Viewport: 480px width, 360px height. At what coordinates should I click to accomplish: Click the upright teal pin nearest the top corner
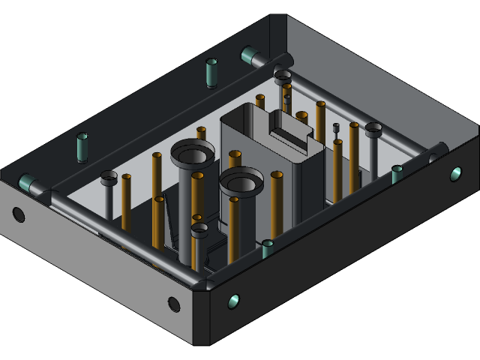(x=211, y=72)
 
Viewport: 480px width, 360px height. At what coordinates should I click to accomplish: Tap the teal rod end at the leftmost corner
(x=27, y=182)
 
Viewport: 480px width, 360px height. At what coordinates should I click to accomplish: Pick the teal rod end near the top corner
(x=249, y=55)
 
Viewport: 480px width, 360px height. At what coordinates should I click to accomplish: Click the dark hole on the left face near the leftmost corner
(x=19, y=215)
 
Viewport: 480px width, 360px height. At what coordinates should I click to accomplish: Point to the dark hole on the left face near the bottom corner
(x=173, y=304)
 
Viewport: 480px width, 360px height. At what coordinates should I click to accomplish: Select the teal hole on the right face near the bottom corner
(x=233, y=301)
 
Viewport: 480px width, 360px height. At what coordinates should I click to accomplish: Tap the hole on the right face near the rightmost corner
(x=455, y=174)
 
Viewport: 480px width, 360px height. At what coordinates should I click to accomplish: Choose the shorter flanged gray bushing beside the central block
(x=241, y=180)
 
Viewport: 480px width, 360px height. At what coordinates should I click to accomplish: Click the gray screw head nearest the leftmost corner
(x=109, y=177)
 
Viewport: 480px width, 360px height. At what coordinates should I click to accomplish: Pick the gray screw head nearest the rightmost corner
(x=373, y=129)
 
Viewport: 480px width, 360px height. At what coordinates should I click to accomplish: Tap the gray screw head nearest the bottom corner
(x=199, y=230)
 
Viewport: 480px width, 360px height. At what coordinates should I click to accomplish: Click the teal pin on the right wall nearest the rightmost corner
(x=397, y=173)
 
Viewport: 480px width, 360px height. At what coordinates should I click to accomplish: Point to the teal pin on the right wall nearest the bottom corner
(x=268, y=247)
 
